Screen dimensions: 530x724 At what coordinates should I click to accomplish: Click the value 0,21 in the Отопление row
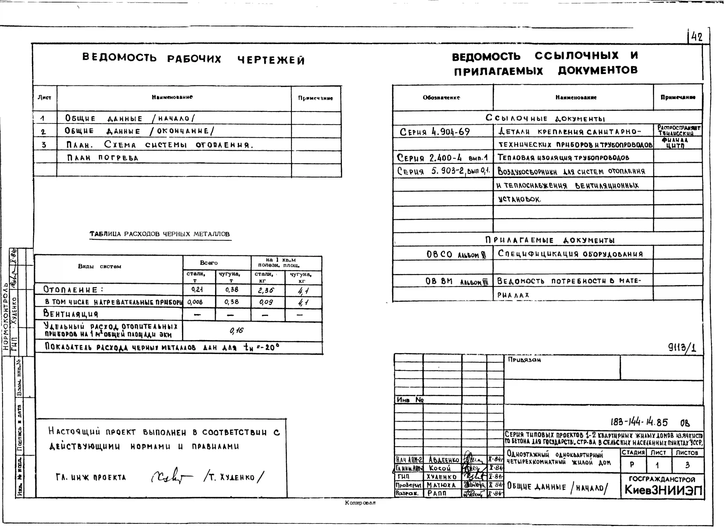click(197, 290)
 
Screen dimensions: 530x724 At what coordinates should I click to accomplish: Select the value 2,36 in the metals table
click(266, 290)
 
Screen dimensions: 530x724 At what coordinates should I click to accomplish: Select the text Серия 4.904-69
click(435, 132)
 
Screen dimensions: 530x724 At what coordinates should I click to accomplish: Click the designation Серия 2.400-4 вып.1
click(442, 158)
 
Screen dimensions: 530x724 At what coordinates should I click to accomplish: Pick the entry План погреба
click(103, 158)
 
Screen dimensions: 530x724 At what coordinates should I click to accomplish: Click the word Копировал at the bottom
click(360, 503)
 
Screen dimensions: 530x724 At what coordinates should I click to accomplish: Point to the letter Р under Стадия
click(632, 465)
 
